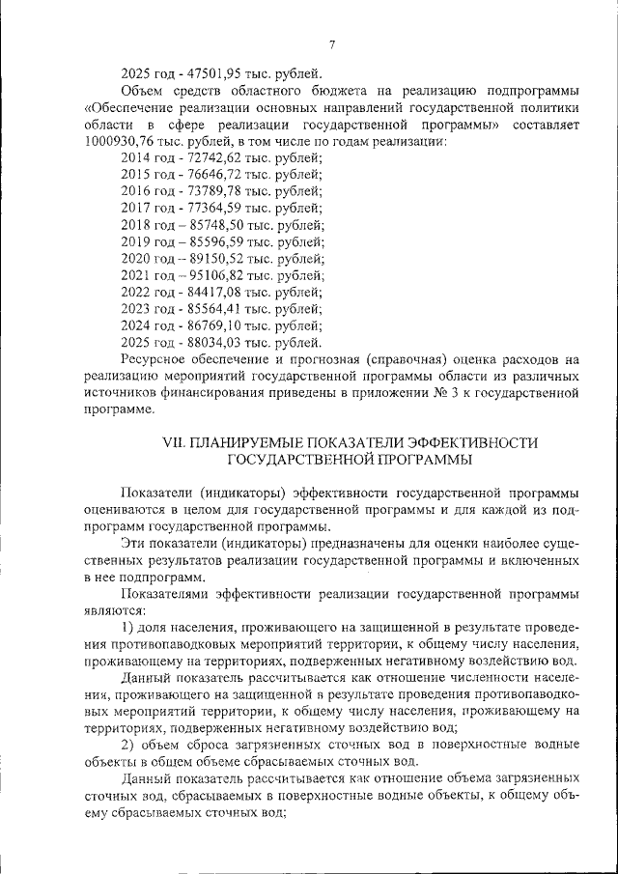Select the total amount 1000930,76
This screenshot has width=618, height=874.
pyautogui.click(x=118, y=142)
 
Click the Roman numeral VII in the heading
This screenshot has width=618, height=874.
pyautogui.click(x=175, y=442)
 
